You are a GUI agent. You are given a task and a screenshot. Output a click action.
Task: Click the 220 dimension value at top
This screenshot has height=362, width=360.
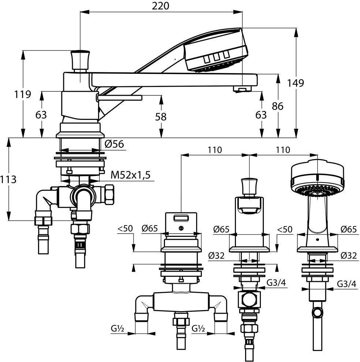(x=160, y=6)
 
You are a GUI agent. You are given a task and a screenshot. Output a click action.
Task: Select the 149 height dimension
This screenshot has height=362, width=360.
(x=295, y=83)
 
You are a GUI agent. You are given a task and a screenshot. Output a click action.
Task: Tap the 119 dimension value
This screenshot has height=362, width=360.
(x=22, y=94)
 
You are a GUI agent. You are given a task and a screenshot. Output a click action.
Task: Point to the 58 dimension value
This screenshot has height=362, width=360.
(x=161, y=117)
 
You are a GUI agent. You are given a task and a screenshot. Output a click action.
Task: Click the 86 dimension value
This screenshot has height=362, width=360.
(x=278, y=106)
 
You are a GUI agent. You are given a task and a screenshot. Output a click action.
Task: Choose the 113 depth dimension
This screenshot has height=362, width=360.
(x=8, y=180)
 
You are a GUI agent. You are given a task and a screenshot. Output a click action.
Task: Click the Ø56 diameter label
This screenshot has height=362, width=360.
(x=115, y=144)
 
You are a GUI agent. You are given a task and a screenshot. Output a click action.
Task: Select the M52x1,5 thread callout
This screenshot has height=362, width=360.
(x=131, y=175)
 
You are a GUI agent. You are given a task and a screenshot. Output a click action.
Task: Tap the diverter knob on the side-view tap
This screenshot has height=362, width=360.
(x=80, y=60)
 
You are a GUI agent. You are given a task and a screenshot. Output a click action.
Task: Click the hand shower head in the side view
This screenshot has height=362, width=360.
(x=216, y=52)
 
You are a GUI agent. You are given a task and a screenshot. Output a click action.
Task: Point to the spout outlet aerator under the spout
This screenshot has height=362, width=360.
(x=242, y=89)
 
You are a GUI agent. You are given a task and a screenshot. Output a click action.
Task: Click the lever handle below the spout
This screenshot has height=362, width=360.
(x=119, y=98)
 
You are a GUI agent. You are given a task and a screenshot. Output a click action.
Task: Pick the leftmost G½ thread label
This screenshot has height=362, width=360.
(x=117, y=328)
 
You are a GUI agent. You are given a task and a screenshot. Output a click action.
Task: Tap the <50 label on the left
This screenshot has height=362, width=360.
(x=125, y=229)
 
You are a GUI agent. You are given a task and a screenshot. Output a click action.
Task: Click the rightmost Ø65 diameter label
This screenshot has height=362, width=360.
(x=348, y=229)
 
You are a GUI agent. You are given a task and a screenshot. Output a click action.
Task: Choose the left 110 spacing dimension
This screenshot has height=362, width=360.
(x=215, y=150)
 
